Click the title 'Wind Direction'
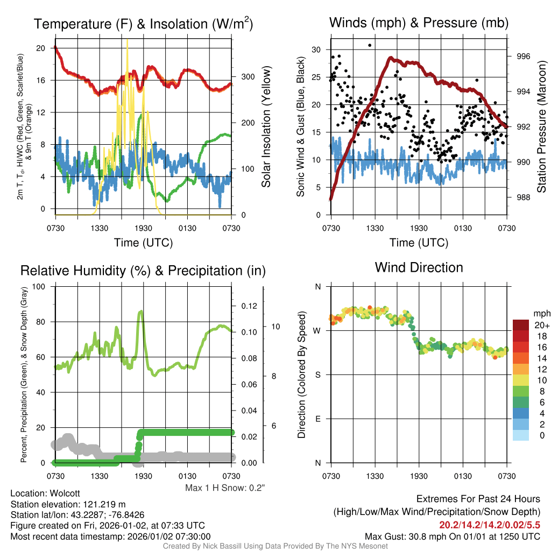[x=419, y=267]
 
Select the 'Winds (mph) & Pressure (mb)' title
[x=419, y=23]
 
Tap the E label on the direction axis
[x=317, y=419]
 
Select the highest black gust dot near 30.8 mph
[x=370, y=45]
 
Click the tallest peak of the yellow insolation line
[x=128, y=40]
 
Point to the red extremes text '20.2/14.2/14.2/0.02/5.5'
[x=490, y=524]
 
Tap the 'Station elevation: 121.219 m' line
[x=68, y=504]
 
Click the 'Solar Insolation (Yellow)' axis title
[x=266, y=127]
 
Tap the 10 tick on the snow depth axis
[x=273, y=327]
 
